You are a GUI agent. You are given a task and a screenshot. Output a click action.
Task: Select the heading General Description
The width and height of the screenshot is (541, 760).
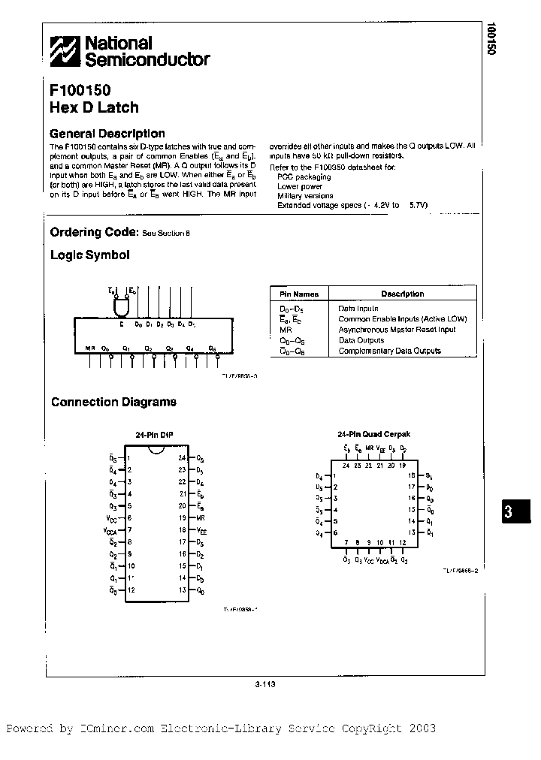click(107, 134)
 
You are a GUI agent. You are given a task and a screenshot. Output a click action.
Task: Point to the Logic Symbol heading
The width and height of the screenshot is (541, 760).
click(89, 255)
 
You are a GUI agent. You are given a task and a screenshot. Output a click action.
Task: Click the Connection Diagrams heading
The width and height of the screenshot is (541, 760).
click(113, 402)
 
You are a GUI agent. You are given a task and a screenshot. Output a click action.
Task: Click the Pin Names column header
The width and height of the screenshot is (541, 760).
click(299, 294)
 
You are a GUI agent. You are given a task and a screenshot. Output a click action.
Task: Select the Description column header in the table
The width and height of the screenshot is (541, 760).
click(402, 294)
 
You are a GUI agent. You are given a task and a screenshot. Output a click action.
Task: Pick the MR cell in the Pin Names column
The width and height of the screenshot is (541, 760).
click(286, 330)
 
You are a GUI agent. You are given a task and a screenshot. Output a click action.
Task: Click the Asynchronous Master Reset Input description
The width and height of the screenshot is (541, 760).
click(397, 330)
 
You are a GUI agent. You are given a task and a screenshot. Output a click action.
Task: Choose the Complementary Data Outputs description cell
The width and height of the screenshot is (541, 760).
click(389, 351)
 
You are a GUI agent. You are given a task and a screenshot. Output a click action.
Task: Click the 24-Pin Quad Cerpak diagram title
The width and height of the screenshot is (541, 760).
click(373, 436)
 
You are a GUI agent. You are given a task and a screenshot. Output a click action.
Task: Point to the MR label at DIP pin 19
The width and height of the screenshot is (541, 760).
click(201, 518)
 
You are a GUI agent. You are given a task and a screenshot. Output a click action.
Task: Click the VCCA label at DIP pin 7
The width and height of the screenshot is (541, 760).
click(112, 530)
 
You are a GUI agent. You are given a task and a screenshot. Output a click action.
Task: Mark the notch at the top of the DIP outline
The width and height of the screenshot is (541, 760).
click(156, 450)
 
